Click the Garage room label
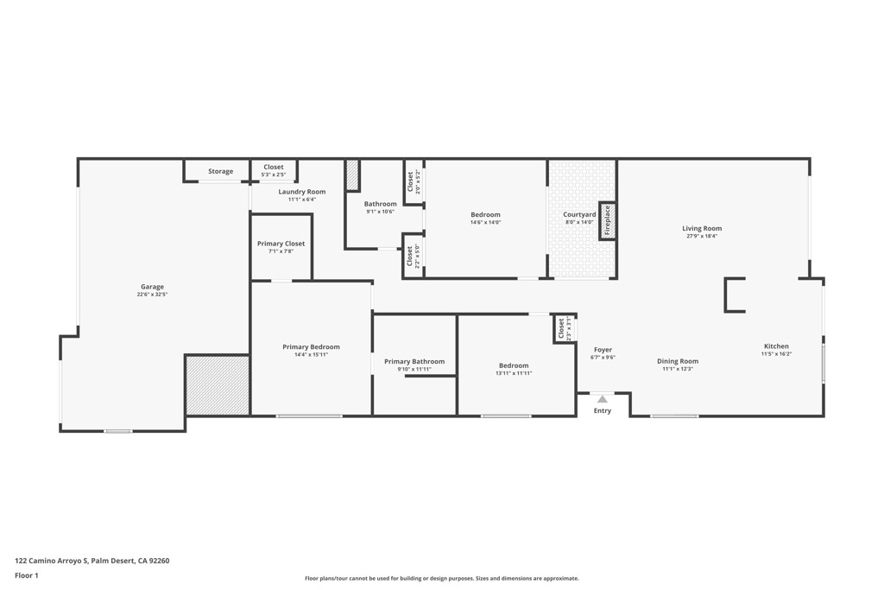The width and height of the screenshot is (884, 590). click(x=152, y=287)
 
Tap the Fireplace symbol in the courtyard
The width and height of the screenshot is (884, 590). click(x=607, y=220)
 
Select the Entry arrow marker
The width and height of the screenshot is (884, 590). click(x=602, y=399)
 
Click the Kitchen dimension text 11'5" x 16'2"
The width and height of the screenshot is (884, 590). click(x=775, y=354)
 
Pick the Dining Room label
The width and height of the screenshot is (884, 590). click(x=677, y=361)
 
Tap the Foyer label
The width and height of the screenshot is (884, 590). click(x=603, y=350)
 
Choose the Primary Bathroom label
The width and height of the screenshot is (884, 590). click(x=414, y=361)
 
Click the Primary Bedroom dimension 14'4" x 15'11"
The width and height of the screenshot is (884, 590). click(x=311, y=354)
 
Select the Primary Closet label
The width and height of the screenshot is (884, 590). click(x=281, y=244)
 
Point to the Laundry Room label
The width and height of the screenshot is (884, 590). click(x=302, y=192)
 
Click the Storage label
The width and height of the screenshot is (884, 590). click(x=220, y=171)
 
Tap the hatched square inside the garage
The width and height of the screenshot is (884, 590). click(x=218, y=385)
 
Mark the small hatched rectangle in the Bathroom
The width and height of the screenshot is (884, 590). click(x=351, y=175)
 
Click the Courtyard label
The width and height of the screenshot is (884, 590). click(x=579, y=214)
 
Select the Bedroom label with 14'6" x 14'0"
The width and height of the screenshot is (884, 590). click(x=485, y=214)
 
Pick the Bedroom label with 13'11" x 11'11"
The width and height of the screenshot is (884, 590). click(x=513, y=365)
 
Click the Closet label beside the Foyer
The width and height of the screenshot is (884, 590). click(x=561, y=328)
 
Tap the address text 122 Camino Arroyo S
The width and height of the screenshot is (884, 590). click(x=52, y=561)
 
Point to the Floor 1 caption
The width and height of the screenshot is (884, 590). click(x=27, y=575)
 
